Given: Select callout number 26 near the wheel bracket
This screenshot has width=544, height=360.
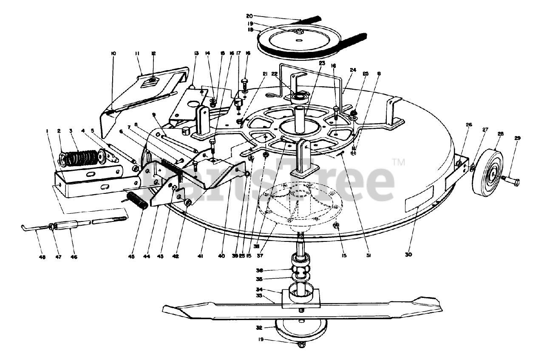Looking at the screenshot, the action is [469, 125].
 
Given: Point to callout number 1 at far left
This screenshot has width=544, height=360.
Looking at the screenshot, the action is [47, 130].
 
